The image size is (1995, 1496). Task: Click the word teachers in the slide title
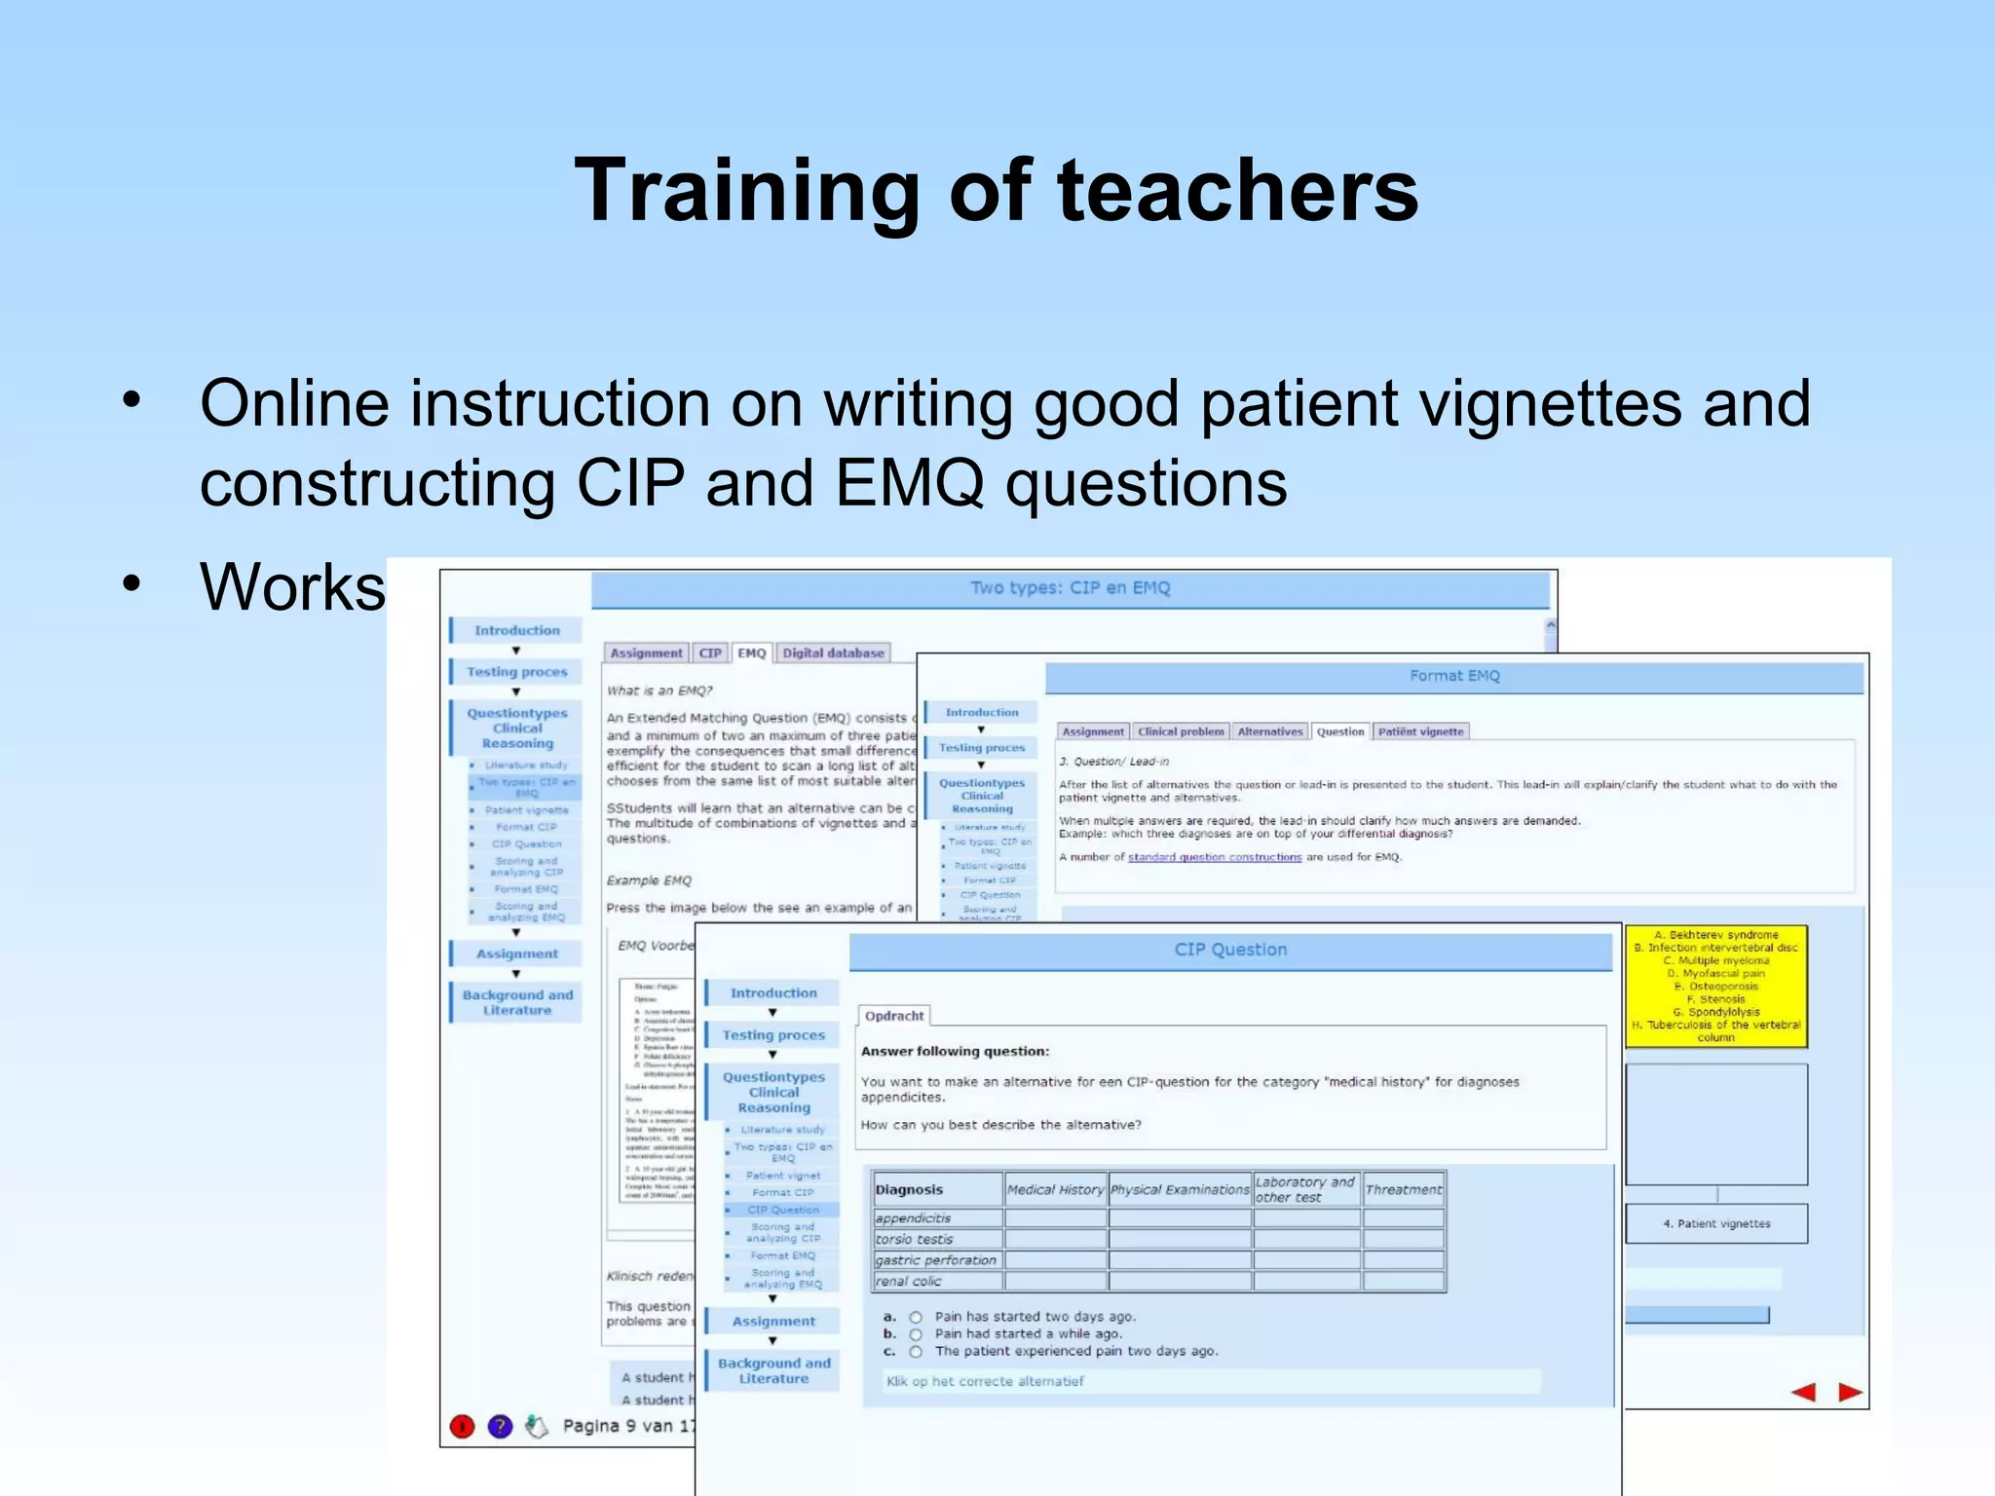[1238, 192]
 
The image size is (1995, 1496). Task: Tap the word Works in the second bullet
[292, 587]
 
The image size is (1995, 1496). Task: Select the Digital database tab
[833, 653]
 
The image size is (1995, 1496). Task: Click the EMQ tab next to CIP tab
[751, 653]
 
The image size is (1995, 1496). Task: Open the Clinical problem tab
[1180, 731]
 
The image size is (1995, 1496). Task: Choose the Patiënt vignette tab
[1420, 731]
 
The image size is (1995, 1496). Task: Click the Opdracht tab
[893, 1016]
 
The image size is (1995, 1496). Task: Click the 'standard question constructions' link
[1214, 857]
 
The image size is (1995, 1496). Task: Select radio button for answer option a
[916, 1318]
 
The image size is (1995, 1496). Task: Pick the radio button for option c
[916, 1352]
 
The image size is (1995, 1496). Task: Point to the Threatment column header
[1403, 1189]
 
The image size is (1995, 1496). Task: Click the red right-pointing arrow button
[1850, 1393]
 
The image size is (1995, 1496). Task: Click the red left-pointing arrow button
[1803, 1393]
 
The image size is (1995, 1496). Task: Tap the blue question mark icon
[500, 1427]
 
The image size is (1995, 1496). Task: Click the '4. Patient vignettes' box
[1715, 1224]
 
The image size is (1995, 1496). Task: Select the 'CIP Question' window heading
[1230, 950]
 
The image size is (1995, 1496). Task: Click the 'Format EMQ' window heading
[1454, 676]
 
